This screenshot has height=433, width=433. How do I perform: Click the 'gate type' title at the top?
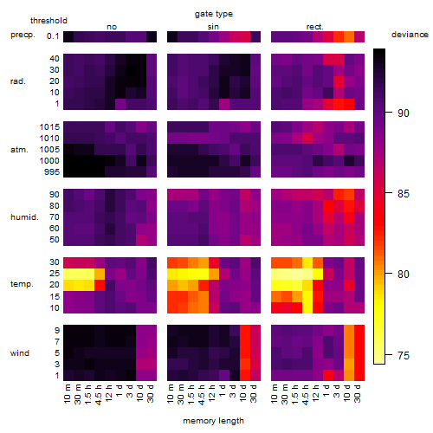[214, 14]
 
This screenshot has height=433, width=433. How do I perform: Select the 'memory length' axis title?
[213, 421]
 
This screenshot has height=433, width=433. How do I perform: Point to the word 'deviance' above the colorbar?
[410, 35]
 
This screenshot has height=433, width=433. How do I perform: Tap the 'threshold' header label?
[48, 21]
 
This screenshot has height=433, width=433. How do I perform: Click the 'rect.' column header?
[315, 27]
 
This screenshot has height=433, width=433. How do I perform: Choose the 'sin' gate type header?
[213, 27]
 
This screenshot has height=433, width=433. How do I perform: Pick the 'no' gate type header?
[112, 27]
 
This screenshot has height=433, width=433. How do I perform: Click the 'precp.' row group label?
[23, 35]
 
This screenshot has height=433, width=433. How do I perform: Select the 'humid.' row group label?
[24, 217]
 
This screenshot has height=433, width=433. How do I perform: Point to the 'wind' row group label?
[20, 353]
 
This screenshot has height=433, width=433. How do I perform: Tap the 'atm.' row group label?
[19, 150]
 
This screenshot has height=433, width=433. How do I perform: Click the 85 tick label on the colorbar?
[404, 193]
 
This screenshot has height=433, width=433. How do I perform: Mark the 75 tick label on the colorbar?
[404, 355]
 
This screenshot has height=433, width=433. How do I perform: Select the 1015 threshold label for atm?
[49, 127]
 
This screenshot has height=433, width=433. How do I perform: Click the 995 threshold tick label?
[52, 172]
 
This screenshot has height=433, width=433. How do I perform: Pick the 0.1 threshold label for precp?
[53, 36]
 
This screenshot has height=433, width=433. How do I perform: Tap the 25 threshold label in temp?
[55, 274]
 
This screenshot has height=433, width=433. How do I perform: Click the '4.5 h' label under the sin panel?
[202, 394]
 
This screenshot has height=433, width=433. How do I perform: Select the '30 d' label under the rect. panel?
[358, 393]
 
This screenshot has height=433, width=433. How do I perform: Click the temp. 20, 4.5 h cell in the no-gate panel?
[100, 285]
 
